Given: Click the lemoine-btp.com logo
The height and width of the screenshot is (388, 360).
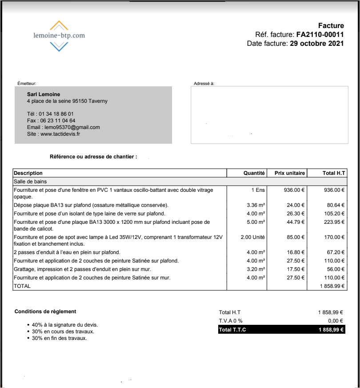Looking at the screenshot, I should click(x=59, y=36).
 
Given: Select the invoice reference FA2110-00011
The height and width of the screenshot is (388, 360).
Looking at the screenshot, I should click(x=320, y=34).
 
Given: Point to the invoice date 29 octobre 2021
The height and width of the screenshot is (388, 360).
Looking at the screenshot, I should click(x=316, y=43).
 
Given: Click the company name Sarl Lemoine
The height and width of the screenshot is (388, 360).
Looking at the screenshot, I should click(x=43, y=94).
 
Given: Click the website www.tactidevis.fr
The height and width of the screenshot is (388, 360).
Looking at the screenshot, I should click(x=60, y=133).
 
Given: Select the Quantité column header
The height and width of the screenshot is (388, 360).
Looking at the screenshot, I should click(x=254, y=173).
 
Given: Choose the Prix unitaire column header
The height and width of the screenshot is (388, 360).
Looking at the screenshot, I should click(x=290, y=173).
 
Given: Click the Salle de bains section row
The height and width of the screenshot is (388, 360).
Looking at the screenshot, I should click(x=30, y=182).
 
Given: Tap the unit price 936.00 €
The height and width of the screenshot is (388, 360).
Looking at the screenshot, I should click(x=294, y=190).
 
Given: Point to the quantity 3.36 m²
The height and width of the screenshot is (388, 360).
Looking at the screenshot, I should click(x=256, y=205).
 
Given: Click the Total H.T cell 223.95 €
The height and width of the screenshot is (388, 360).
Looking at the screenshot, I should click(x=334, y=222).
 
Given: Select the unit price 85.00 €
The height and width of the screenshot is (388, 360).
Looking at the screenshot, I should click(x=296, y=237).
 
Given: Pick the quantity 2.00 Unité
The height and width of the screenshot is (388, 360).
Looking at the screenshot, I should click(x=253, y=237).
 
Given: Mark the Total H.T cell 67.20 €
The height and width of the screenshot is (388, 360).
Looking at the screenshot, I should click(x=336, y=252).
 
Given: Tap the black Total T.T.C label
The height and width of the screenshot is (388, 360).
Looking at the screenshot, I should click(x=232, y=330).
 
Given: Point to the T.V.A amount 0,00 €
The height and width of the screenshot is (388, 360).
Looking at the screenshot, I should click(x=336, y=321).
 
